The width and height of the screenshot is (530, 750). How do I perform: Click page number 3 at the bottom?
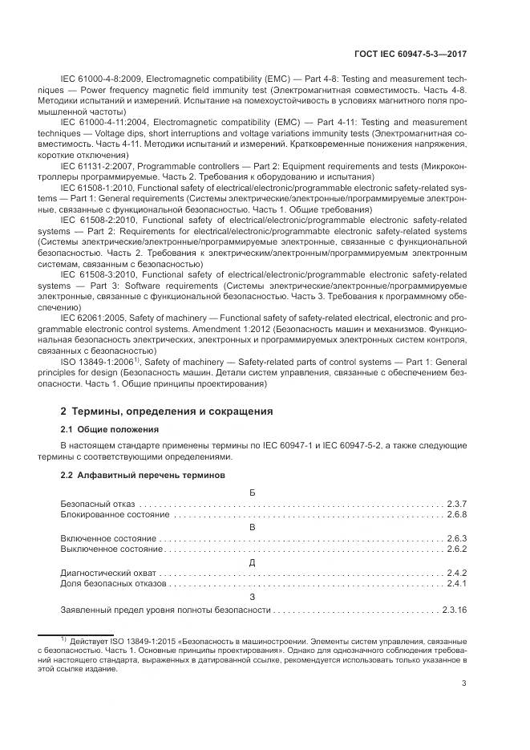pyautogui.click(x=465, y=683)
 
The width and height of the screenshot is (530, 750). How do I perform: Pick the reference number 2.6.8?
pyautogui.click(x=456, y=513)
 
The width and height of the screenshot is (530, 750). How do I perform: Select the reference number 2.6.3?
pyautogui.click(x=456, y=538)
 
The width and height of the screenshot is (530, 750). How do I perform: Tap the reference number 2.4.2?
pyautogui.click(x=456, y=574)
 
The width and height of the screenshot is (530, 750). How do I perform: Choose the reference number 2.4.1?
pyautogui.click(x=456, y=586)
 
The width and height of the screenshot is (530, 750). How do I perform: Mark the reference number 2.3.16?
pyautogui.click(x=454, y=610)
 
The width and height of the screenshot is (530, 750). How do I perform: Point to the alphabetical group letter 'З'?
pyautogui.click(x=253, y=598)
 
